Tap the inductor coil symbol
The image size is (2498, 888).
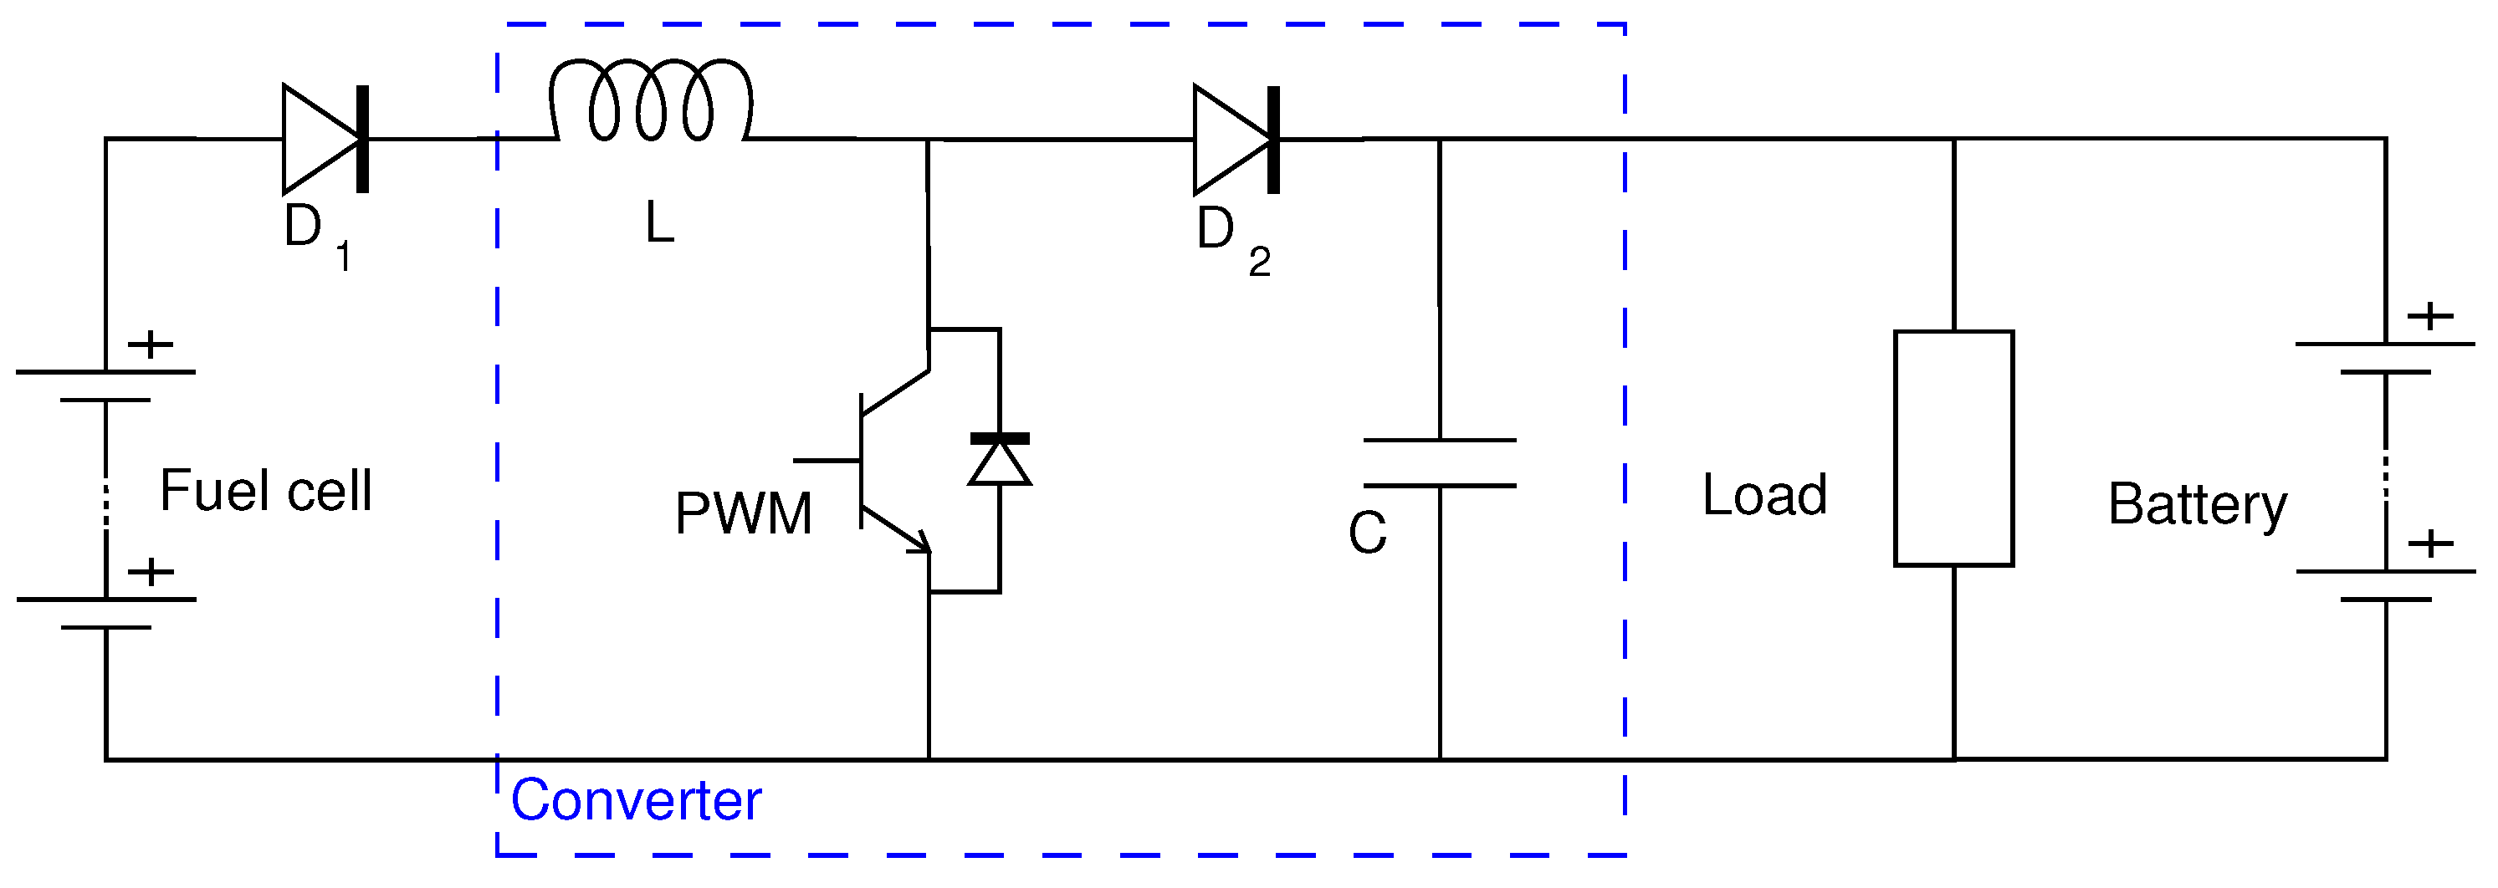(651, 101)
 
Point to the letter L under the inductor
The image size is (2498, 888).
(659, 223)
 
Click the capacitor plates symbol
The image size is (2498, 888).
(1440, 463)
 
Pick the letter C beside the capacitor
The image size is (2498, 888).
(1367, 533)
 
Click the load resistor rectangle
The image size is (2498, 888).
(1954, 448)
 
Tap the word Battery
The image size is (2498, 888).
(2198, 504)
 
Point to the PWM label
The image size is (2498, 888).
(744, 513)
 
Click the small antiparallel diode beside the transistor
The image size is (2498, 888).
(1000, 460)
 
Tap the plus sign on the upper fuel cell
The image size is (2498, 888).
(151, 344)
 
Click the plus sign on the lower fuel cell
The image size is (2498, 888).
(151, 572)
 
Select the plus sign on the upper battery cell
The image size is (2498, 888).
(2430, 316)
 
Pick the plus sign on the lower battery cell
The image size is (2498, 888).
(2430, 543)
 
